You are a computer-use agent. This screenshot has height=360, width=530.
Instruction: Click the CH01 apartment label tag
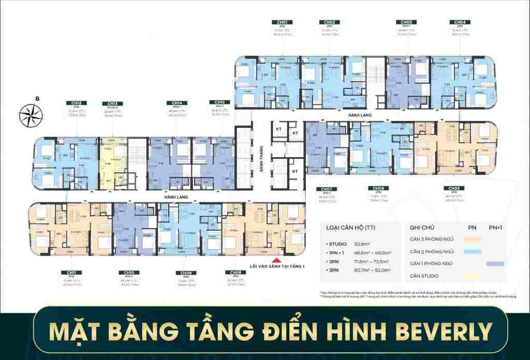(x=282, y=23)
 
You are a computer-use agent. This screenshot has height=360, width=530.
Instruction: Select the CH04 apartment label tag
(x=460, y=23)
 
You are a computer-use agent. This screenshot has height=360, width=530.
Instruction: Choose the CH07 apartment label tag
(x=326, y=189)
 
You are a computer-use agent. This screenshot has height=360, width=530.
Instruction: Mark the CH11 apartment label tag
(x=71, y=272)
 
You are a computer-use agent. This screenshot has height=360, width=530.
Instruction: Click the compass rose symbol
(x=29, y=115)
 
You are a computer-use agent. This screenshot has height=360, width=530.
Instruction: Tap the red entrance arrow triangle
(x=277, y=261)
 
